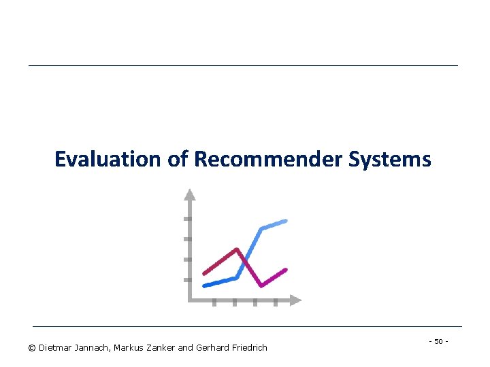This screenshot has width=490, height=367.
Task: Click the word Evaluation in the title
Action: click(x=106, y=159)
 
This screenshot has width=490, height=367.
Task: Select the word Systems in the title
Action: click(x=390, y=159)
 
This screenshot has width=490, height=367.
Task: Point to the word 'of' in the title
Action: click(x=176, y=159)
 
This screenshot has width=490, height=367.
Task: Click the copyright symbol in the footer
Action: click(x=32, y=348)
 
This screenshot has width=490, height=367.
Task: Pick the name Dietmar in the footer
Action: click(x=55, y=348)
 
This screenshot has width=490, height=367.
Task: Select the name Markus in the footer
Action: click(x=129, y=348)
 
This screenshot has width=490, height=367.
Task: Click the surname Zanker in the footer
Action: click(x=161, y=348)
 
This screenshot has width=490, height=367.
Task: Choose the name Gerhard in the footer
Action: click(x=212, y=348)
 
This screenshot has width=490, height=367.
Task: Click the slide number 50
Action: click(x=438, y=340)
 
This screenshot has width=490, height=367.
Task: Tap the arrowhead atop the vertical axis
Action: click(x=190, y=194)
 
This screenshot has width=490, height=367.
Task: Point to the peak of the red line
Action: click(x=236, y=249)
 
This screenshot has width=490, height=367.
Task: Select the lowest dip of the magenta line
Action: click(x=261, y=285)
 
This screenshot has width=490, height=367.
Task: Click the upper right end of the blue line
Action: click(x=285, y=221)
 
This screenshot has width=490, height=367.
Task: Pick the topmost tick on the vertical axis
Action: click(x=187, y=219)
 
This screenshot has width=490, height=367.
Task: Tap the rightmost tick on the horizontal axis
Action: click(x=275, y=303)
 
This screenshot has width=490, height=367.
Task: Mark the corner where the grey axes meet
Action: click(x=190, y=300)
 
